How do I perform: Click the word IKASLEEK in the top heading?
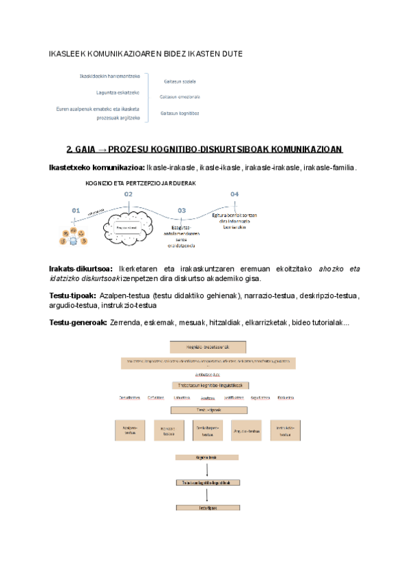[x=69, y=53]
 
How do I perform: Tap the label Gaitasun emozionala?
[x=180, y=97]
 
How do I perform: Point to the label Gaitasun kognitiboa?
[x=180, y=113]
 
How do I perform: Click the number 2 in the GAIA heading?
[x=68, y=149]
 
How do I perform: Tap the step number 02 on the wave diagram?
[x=128, y=194]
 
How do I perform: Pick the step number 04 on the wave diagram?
[x=234, y=194]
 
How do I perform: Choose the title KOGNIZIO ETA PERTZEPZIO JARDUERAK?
[x=141, y=183]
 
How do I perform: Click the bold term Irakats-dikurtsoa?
[x=81, y=269]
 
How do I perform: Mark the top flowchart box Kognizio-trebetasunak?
[x=204, y=347]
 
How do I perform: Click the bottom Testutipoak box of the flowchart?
[x=207, y=508]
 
